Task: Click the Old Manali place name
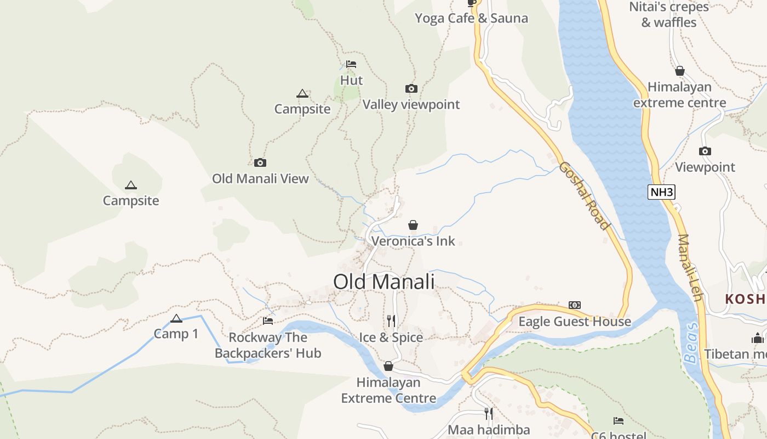click(x=383, y=282)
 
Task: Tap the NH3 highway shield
click(x=661, y=192)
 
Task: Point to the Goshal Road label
click(x=584, y=195)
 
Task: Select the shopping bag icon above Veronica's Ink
click(x=413, y=225)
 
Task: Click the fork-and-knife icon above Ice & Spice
click(x=391, y=320)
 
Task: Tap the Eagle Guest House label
click(x=575, y=322)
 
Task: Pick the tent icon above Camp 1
click(x=176, y=319)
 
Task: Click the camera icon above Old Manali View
click(x=260, y=162)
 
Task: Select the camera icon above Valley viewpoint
click(x=411, y=88)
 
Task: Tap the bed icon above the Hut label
click(x=351, y=64)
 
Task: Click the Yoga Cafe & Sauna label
click(x=471, y=18)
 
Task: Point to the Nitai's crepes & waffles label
click(x=669, y=15)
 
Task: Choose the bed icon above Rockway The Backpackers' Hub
click(x=268, y=321)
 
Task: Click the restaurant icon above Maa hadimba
click(x=488, y=413)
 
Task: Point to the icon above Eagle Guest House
click(x=575, y=305)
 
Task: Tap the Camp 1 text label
click(x=176, y=334)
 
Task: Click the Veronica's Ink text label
click(x=413, y=241)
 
